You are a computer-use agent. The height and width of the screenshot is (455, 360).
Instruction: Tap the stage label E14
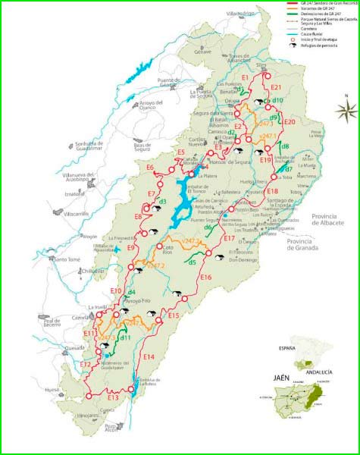(x=149, y=356)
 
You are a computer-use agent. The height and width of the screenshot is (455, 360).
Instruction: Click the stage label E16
(x=205, y=278)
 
